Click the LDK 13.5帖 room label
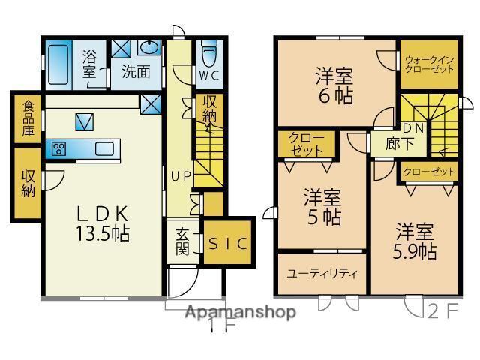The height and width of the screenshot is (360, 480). [103, 223]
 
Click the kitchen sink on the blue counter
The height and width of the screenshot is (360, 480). [104, 148]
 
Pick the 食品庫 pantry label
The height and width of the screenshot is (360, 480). [27, 117]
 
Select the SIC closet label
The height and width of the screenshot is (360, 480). [228, 243]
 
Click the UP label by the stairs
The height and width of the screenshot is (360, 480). [181, 177]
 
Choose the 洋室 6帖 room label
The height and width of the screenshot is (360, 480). [335, 85]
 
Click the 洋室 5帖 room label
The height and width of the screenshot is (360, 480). [323, 208]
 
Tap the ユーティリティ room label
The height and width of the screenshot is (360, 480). [322, 273]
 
